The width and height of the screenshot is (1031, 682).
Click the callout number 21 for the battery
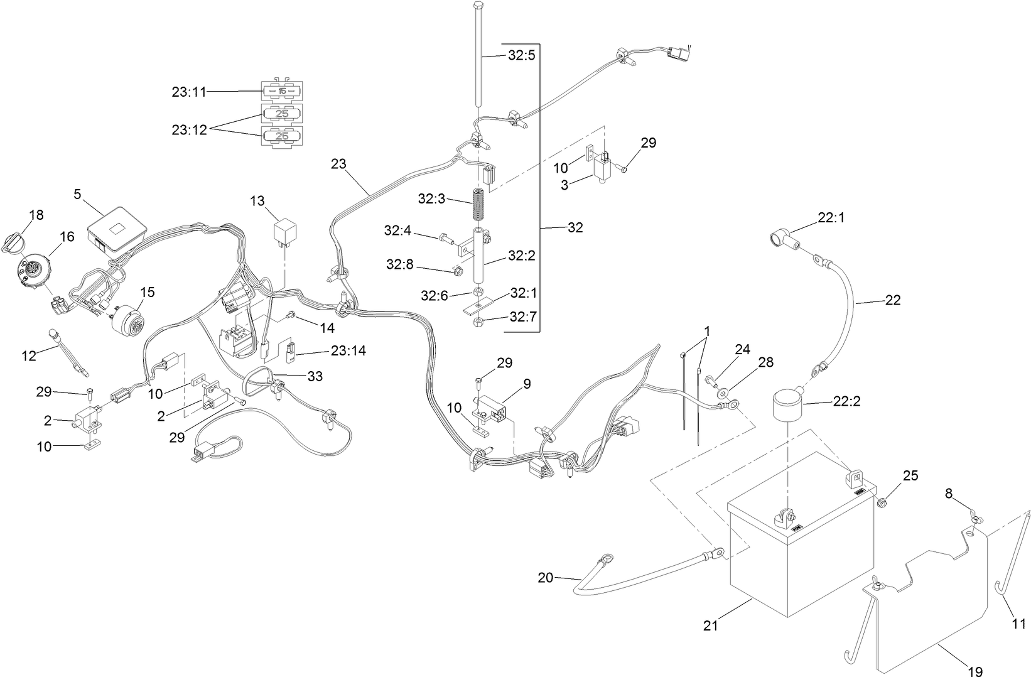tap(710, 625)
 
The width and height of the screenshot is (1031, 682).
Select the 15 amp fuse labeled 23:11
tap(282, 92)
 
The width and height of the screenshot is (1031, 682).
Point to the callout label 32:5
tap(521, 55)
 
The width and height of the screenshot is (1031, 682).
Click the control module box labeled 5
tap(117, 229)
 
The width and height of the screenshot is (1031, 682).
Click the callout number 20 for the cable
tap(545, 577)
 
